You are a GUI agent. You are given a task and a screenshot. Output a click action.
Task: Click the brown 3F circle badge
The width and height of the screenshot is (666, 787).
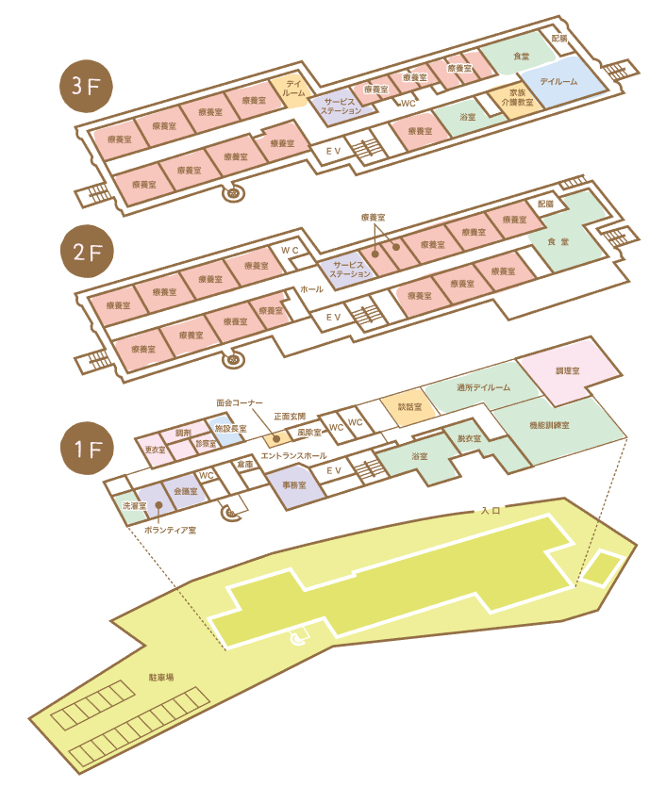pos(86,88)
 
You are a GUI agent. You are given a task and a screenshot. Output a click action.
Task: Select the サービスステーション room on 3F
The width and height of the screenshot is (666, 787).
pos(341,107)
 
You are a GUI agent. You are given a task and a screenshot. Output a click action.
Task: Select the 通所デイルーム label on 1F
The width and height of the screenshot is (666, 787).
pos(482,387)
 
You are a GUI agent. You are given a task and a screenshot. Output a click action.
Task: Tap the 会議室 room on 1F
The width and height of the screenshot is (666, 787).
pos(185,491)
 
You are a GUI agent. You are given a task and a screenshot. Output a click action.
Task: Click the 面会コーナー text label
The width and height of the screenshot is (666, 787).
pos(239,401)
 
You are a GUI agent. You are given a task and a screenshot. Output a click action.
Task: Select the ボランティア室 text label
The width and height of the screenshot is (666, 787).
pos(171,531)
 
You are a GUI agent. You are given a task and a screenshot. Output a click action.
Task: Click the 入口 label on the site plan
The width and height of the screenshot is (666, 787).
pos(490,510)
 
